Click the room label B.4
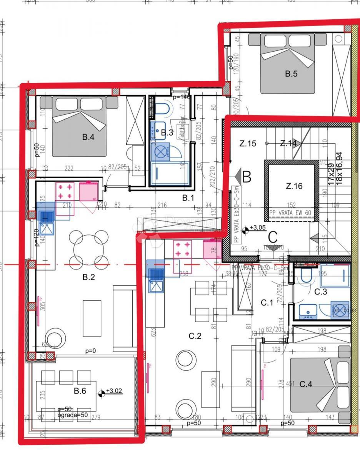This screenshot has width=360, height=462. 88,137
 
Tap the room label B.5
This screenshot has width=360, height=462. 291,74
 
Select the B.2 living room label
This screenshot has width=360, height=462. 88,277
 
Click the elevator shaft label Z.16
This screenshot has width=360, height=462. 294,186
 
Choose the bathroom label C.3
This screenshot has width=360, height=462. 321,292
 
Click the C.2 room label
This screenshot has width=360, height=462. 195,336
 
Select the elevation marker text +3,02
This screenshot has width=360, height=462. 114,391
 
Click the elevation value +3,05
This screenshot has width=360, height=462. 257,228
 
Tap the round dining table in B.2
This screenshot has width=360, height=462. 88,248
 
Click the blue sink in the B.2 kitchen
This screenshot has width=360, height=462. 46,216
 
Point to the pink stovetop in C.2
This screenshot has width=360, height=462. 183,249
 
